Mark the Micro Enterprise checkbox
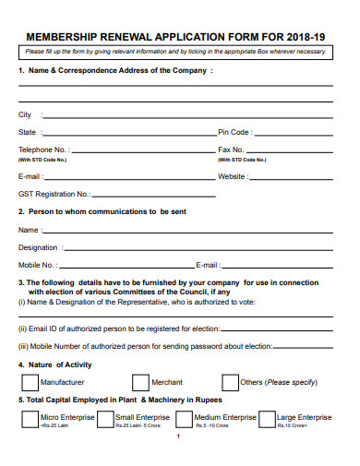(x=29, y=420)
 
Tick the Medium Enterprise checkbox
(x=183, y=420)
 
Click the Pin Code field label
(x=234, y=133)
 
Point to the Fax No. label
(x=231, y=149)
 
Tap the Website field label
(x=233, y=176)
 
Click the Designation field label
(x=39, y=247)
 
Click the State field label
(x=28, y=133)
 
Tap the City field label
(x=25, y=115)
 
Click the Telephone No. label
(x=42, y=149)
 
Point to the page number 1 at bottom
(x=177, y=436)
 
